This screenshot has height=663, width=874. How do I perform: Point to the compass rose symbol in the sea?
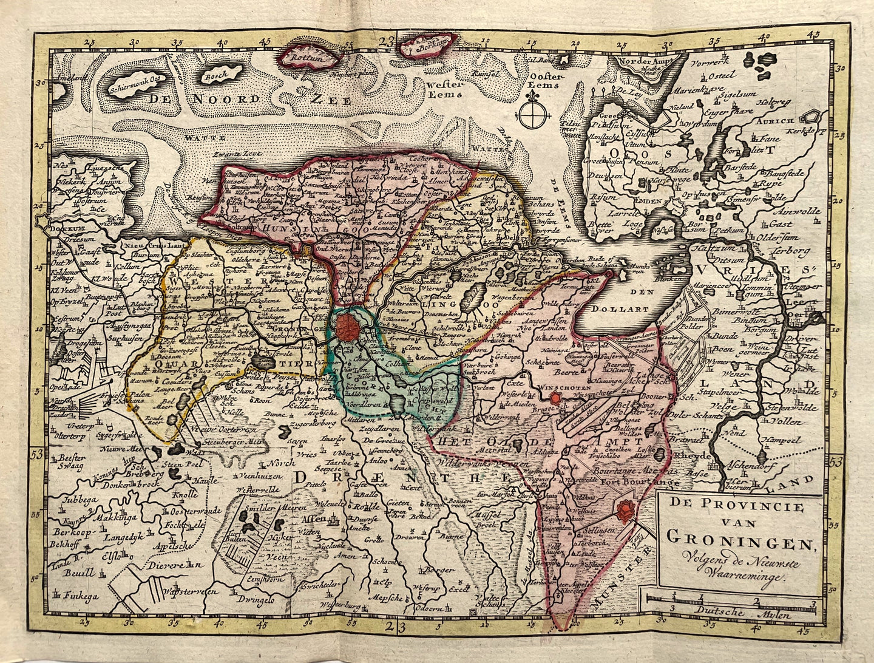532,113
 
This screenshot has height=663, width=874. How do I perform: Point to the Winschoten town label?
551,384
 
